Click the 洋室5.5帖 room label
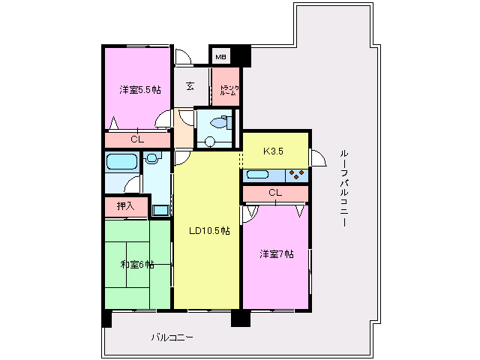(x=140, y=90)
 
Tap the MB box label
(x=220, y=57)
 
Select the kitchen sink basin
(x=258, y=175)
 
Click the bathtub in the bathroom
(x=120, y=162)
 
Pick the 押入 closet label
(x=125, y=205)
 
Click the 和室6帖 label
(x=137, y=264)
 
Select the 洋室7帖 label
(x=277, y=253)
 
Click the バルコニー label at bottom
(x=172, y=337)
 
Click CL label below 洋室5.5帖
(x=136, y=139)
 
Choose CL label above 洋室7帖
(x=275, y=193)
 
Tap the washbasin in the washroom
(x=152, y=158)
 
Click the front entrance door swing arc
(x=182, y=56)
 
